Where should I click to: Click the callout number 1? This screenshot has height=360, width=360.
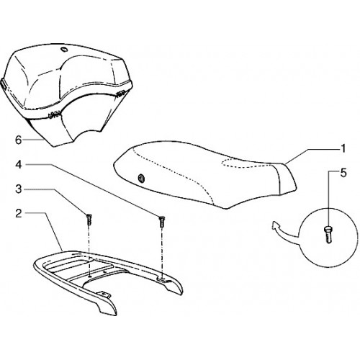pyautogui.click(x=343, y=149)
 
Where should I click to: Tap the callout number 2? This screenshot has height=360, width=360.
pyautogui.click(x=19, y=213)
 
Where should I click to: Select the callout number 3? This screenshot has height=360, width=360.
pyautogui.click(x=19, y=189)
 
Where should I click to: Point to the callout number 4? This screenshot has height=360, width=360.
pyautogui.click(x=19, y=165)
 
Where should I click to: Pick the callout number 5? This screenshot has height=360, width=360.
pyautogui.click(x=343, y=173)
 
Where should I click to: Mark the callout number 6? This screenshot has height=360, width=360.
pyautogui.click(x=19, y=140)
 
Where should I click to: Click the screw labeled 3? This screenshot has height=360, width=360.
pyautogui.click(x=89, y=219)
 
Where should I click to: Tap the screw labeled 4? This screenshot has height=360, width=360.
pyautogui.click(x=162, y=222)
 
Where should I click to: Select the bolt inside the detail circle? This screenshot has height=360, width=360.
pyautogui.click(x=328, y=235)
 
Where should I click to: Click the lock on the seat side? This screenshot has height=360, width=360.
pyautogui.click(x=141, y=178)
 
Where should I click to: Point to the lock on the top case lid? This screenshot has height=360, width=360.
pyautogui.click(x=64, y=49)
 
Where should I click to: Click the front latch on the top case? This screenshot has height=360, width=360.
pyautogui.click(x=54, y=114)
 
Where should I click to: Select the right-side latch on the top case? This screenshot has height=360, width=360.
pyautogui.click(x=120, y=93)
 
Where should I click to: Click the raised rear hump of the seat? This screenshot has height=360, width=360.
pyautogui.click(x=287, y=178)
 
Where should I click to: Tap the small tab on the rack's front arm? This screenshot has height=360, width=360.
pyautogui.click(x=104, y=293)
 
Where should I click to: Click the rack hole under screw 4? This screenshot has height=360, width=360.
pyautogui.click(x=162, y=279)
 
